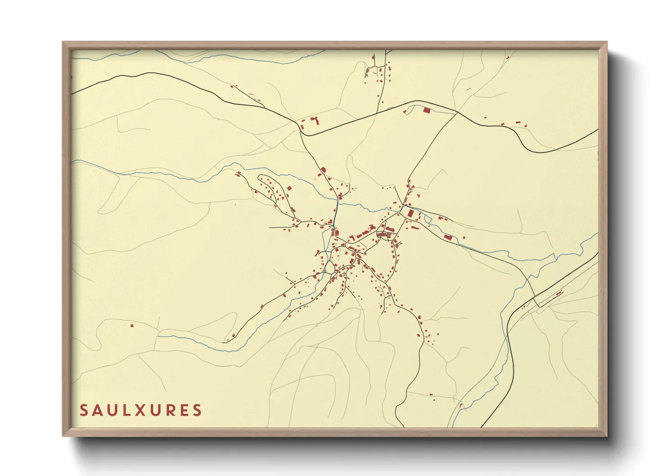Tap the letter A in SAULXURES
click(96, 410)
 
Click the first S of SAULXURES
click(84, 410)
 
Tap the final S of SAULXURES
click(197, 410)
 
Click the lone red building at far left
click(132, 325)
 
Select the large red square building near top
click(427, 110)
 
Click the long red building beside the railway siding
click(559, 294)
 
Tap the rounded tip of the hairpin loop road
click(260, 178)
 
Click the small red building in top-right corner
click(508, 58)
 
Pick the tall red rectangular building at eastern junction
click(410, 213)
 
